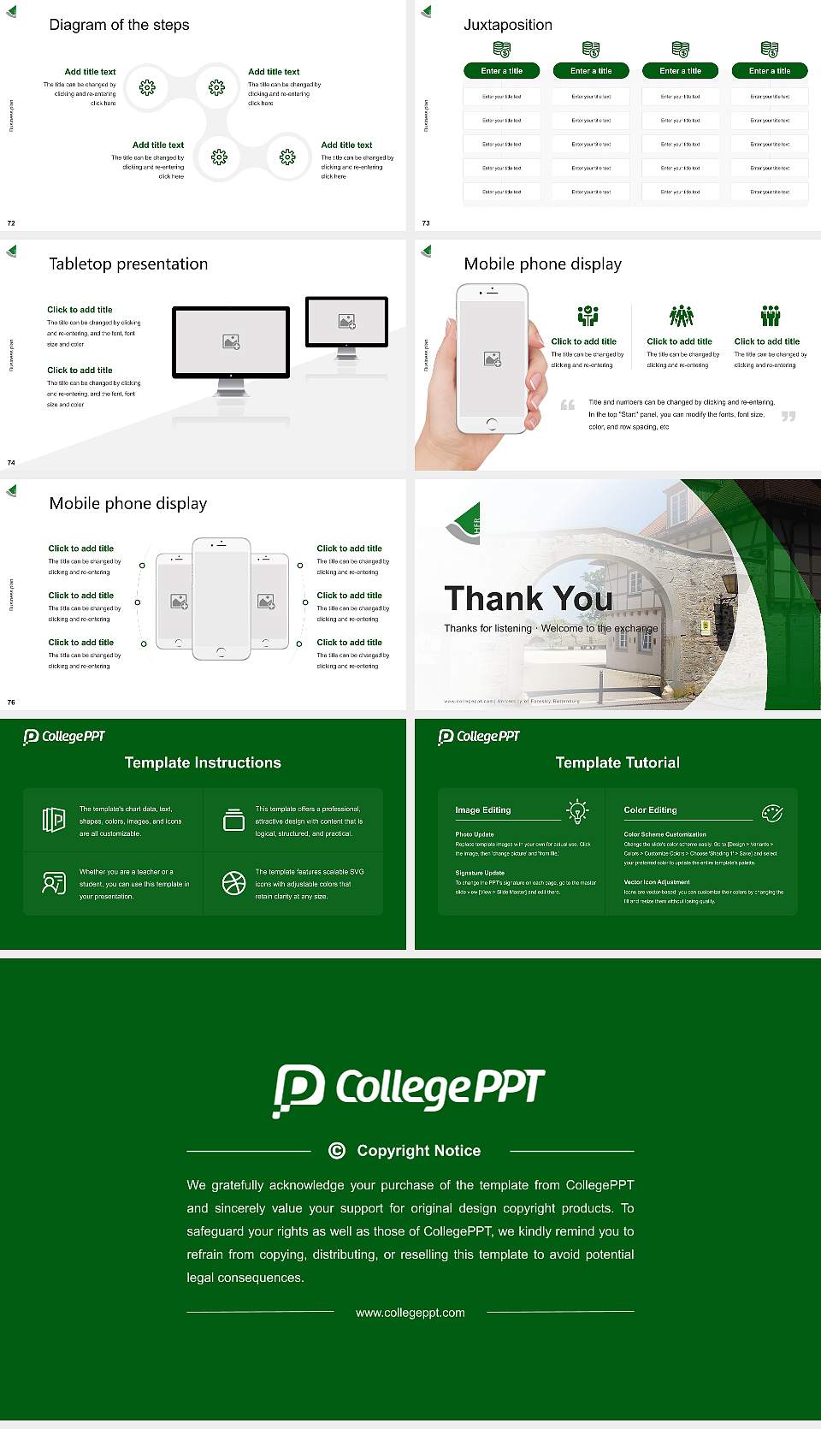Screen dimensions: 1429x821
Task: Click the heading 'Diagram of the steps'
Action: point(119,25)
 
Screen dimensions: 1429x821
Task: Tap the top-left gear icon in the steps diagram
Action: point(147,86)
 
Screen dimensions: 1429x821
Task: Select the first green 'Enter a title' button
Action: point(501,71)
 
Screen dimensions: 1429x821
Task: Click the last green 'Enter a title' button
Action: point(769,71)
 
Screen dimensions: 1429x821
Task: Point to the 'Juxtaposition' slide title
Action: point(507,25)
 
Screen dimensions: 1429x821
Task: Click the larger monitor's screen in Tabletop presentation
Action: point(231,341)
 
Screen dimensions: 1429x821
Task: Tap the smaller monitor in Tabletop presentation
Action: point(346,322)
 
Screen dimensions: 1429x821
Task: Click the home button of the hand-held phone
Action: point(491,424)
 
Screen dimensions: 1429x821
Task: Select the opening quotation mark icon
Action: point(567,405)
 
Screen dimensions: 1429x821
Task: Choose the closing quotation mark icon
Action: point(788,417)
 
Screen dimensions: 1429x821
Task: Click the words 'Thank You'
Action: point(528,598)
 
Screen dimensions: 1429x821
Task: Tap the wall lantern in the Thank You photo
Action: point(729,584)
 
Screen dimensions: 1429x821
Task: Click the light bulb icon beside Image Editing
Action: point(577,810)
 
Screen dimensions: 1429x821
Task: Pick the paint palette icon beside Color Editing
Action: point(771,812)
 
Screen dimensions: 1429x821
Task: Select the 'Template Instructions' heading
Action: point(203,762)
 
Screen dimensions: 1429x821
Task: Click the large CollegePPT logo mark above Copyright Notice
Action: point(298,1089)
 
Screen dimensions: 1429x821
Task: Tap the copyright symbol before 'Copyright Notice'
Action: point(337,1151)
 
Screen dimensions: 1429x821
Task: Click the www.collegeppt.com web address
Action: point(410,1313)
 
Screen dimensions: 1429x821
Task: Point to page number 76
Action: point(11,703)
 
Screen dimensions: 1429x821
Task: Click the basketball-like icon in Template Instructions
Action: point(233,883)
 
